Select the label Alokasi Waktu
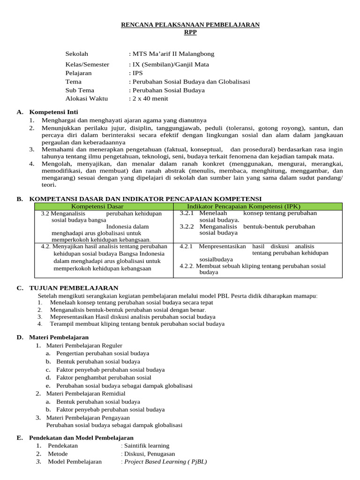click(87, 98)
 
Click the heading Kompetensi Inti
click(54, 112)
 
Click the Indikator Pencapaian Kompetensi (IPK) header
click(244, 206)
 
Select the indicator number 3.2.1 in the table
click(187, 213)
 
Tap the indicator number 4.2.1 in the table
click(187, 246)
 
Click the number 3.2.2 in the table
click(187, 226)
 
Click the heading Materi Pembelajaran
click(59, 337)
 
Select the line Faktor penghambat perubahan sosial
click(104, 377)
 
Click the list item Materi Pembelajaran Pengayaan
click(88, 418)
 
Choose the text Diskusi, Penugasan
click(150, 454)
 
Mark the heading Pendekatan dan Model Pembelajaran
click(82, 438)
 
